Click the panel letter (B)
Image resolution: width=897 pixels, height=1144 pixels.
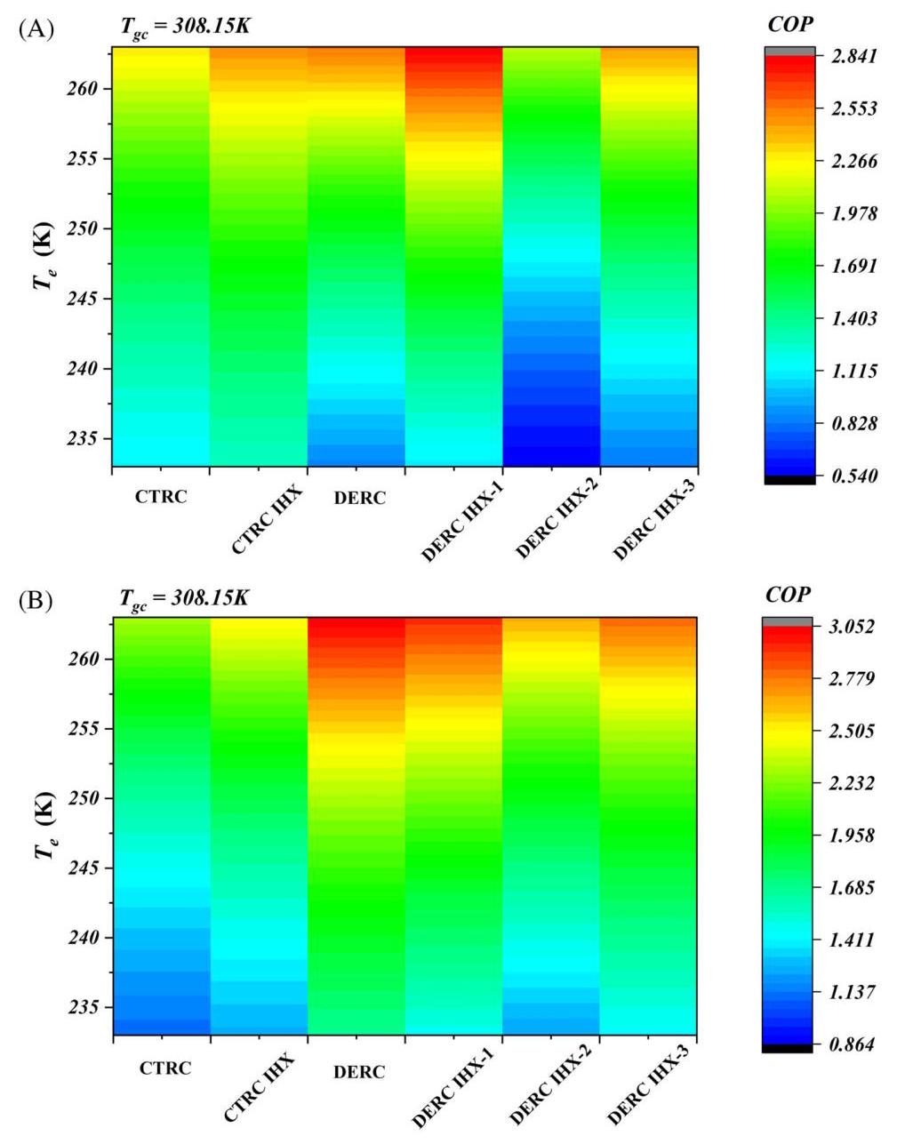[36, 601]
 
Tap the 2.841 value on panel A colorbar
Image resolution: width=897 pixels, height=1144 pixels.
[854, 56]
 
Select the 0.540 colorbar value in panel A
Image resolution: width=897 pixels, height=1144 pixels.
[854, 476]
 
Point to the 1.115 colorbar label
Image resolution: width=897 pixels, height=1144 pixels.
[854, 372]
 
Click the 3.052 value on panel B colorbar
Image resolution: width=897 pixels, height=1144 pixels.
[851, 627]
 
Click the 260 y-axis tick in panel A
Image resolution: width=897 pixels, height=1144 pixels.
[82, 89]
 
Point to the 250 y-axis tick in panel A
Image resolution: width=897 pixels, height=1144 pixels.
[82, 228]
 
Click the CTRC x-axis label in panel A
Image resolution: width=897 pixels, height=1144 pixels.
[161, 497]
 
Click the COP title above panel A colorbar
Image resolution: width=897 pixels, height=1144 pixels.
[790, 24]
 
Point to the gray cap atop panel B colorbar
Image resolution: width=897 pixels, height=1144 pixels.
[787, 621]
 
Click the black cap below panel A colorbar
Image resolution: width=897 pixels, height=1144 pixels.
[790, 480]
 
